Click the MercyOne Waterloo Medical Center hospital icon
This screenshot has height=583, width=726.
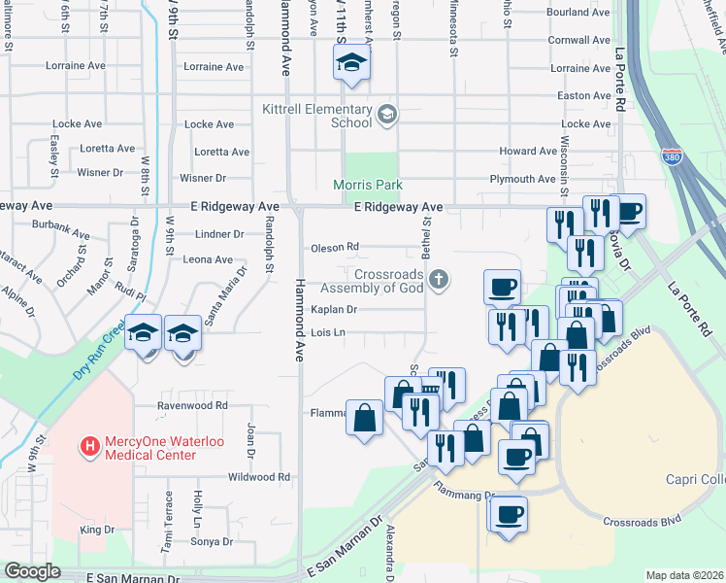pos(90,447)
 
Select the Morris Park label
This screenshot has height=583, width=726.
pos(367,185)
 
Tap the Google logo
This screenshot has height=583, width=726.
pos(31,571)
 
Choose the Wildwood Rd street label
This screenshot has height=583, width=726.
pos(258,477)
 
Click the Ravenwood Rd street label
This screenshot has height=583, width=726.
pos(194,405)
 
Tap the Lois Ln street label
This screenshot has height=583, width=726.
pos(328,332)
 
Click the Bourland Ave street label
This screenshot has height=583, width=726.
pos(577,13)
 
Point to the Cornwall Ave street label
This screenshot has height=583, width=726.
pos(578,41)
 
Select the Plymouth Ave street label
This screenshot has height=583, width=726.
pos(522,179)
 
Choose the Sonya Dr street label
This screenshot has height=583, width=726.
pos(214,541)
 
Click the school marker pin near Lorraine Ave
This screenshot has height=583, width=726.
pos(351,65)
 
